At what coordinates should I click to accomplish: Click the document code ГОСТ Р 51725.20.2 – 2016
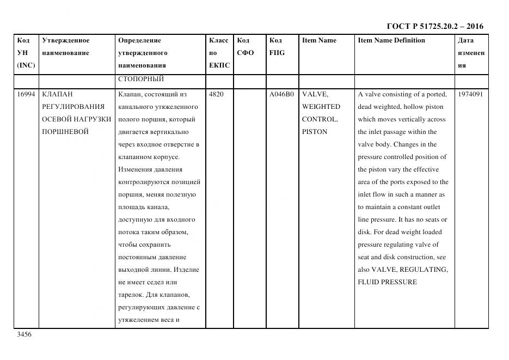[x=434, y=26]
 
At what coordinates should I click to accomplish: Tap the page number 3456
[x=24, y=334]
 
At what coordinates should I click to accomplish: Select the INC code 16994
[x=26, y=94]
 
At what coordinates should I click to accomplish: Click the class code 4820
[x=216, y=94]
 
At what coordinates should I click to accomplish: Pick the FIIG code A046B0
[x=281, y=94]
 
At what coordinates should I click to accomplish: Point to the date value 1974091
[x=471, y=94]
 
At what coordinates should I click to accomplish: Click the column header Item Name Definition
[x=391, y=40]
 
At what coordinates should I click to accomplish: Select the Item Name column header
[x=319, y=40]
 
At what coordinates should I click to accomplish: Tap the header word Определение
[x=139, y=40]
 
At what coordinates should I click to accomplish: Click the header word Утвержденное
[x=65, y=40]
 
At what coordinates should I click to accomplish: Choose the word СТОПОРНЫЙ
[x=141, y=79]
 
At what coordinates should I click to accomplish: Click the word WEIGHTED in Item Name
[x=321, y=107]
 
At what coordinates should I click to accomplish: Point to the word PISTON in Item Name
[x=315, y=132]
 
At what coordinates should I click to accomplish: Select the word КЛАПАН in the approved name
[x=57, y=94]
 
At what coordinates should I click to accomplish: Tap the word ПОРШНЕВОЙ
[x=65, y=132]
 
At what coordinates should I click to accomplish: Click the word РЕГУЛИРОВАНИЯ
[x=73, y=107]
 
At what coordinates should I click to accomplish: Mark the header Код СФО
[x=246, y=46]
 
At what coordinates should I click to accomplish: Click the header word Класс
[x=218, y=40]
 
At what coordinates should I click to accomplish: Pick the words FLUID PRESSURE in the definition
[x=387, y=282]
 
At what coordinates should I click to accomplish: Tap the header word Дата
[x=465, y=40]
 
